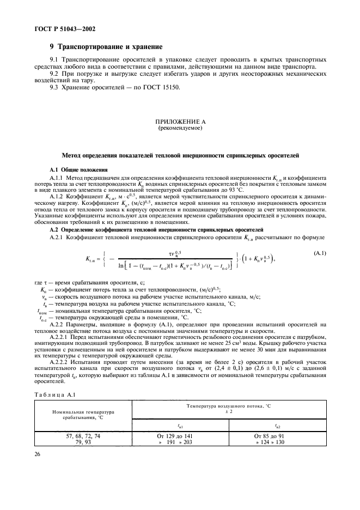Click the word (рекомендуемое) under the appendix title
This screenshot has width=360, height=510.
click(180, 129)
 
